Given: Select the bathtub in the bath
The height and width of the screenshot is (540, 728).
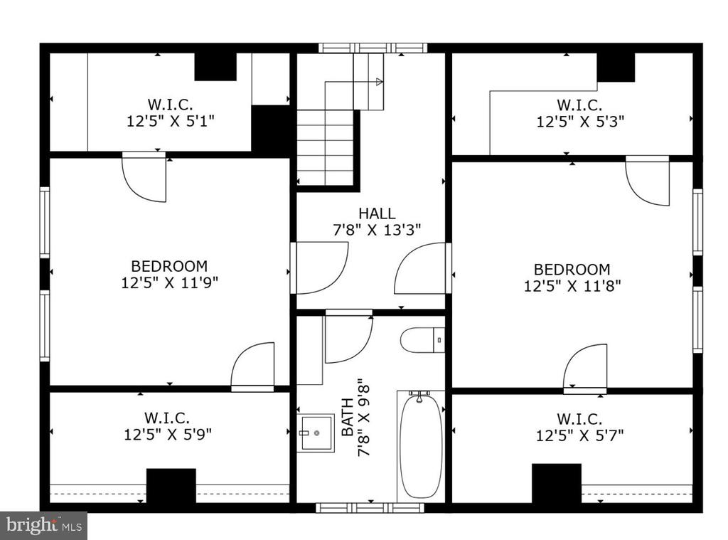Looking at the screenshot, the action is [421, 445].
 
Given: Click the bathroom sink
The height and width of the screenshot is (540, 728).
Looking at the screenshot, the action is [316, 433].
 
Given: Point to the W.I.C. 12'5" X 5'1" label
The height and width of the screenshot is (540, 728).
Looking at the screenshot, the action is [171, 112].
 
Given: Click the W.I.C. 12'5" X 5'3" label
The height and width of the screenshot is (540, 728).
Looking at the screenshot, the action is [580, 113].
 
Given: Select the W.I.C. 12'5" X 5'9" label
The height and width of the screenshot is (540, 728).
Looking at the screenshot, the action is [167, 425].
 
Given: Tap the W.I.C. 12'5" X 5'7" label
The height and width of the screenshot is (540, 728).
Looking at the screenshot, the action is [579, 427].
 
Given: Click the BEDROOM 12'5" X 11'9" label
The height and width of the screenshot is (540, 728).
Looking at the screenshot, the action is [169, 274].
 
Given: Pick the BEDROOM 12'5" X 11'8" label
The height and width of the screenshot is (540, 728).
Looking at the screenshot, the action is [572, 277].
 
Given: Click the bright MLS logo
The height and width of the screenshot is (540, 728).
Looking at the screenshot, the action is [43, 526].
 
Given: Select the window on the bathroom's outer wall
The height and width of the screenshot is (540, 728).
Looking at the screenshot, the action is [370, 507].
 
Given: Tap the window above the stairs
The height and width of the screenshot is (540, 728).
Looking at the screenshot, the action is [373, 48].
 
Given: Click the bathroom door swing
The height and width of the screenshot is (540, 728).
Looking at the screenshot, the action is [348, 337].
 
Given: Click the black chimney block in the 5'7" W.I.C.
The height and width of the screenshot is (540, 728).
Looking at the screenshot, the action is [556, 483].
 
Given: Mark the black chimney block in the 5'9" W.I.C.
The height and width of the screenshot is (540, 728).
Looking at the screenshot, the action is [171, 486].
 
